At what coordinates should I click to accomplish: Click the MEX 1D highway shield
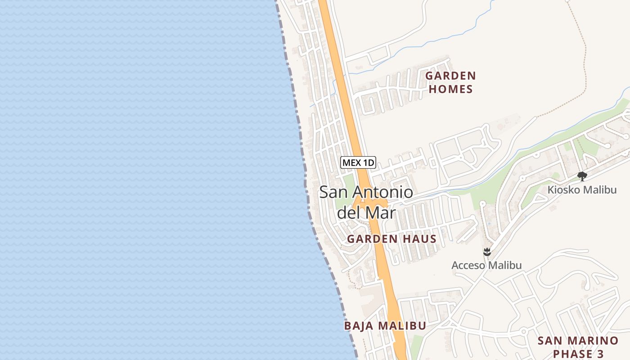[x=358, y=162]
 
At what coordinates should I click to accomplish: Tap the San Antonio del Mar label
[x=366, y=202]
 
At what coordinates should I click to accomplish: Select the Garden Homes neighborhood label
[x=450, y=82]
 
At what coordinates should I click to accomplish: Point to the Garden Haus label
[x=391, y=239]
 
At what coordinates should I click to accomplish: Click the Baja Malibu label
[x=385, y=326]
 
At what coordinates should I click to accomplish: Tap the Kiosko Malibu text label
[x=582, y=190]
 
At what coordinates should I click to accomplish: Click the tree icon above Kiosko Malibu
[x=582, y=176]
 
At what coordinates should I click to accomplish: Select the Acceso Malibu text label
[x=486, y=265]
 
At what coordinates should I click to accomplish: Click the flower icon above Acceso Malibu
[x=486, y=252]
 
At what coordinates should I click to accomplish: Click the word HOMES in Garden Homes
[x=450, y=89]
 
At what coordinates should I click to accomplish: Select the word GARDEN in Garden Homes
[x=450, y=76]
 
